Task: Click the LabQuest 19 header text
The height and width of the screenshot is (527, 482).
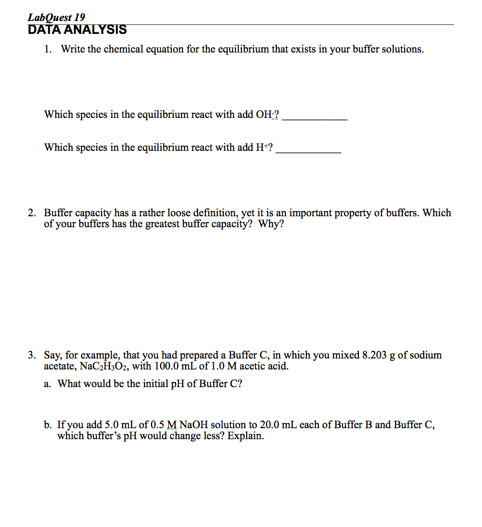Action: pyautogui.click(x=56, y=18)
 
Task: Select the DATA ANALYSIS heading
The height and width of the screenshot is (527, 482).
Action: pyautogui.click(x=77, y=30)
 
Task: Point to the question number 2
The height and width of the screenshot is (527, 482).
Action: pyautogui.click(x=31, y=213)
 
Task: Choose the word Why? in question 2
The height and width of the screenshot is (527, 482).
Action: pyautogui.click(x=271, y=224)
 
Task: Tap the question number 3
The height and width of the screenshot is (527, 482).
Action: pyautogui.click(x=31, y=355)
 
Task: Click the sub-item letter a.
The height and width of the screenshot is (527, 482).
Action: pyautogui.click(x=47, y=384)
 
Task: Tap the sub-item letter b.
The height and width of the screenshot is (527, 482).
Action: pyautogui.click(x=47, y=425)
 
